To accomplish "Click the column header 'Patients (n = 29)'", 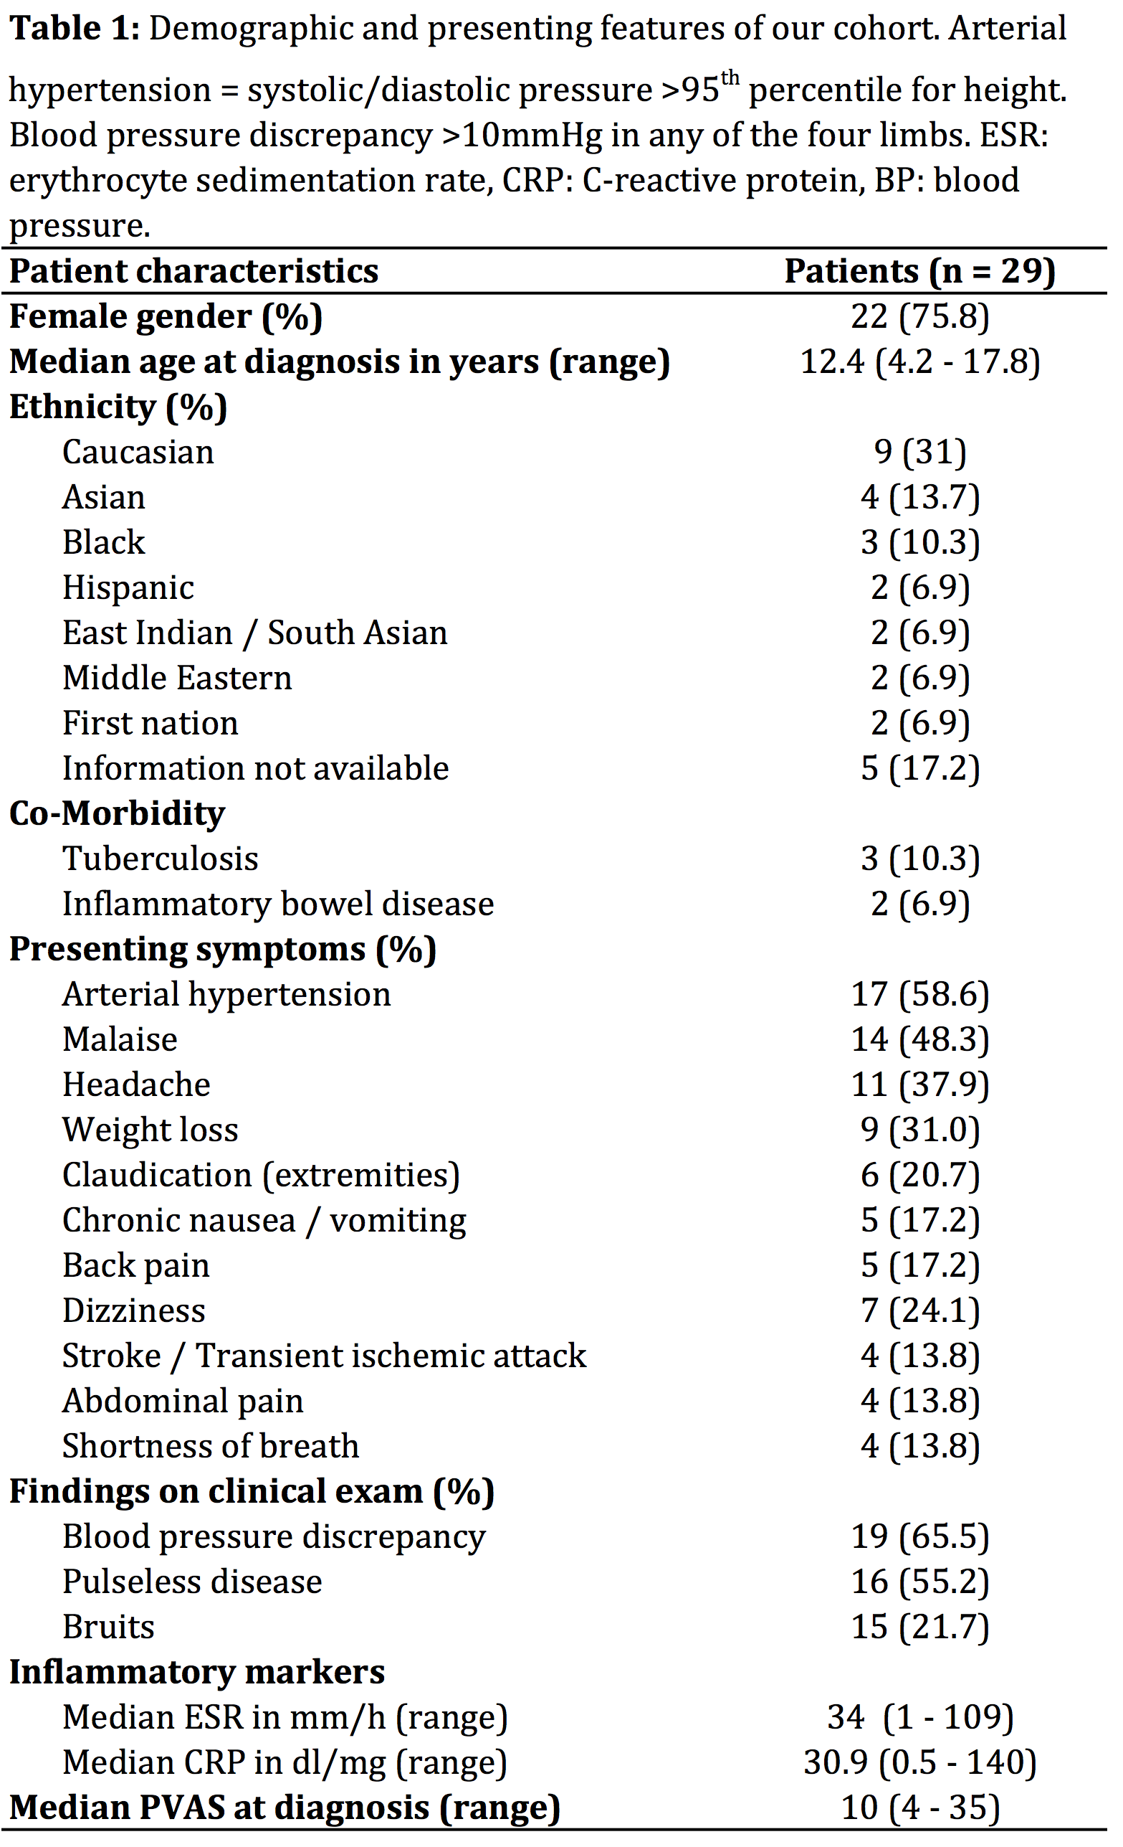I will coord(919,271).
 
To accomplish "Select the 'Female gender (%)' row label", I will coord(166,316).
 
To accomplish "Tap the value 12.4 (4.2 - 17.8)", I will coord(920,362).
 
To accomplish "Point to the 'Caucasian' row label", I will coord(138,452).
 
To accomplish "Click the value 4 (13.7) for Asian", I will coord(920,497).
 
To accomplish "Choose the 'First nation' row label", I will coord(150,723).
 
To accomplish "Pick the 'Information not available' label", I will coord(255,768).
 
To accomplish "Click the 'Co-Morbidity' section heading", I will coord(117,813).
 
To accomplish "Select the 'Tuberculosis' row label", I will coord(161,859).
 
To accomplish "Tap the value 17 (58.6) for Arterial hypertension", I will coord(920,995).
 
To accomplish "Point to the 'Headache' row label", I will coord(136,1085).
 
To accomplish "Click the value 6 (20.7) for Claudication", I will coord(920,1176).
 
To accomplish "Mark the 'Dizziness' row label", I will coord(133,1311).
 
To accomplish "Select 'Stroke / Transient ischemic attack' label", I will coord(324,1356).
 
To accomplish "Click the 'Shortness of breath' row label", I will coord(211,1447).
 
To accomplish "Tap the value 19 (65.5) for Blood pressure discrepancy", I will coord(920,1536).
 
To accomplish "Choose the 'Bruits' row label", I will coord(109,1628).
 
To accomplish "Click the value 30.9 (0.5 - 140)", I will coord(920,1763).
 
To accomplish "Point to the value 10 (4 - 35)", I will coord(920,1808).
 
